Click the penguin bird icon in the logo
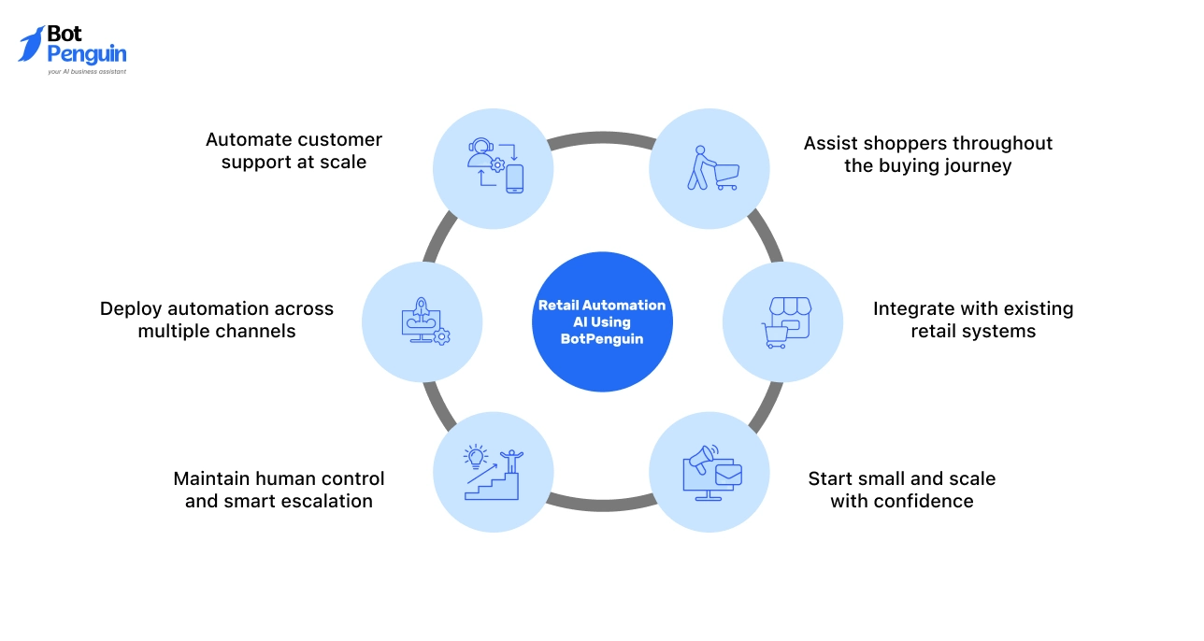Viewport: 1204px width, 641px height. click(31, 44)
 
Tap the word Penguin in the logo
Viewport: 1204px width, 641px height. click(86, 54)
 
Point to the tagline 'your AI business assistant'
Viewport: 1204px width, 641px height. click(86, 71)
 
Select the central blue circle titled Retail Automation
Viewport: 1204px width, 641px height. click(602, 321)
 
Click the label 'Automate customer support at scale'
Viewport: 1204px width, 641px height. click(294, 150)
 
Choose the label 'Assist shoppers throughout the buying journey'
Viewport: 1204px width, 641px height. click(927, 154)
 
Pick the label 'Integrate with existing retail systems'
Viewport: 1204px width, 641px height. click(972, 320)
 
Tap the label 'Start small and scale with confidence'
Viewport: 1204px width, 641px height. click(901, 490)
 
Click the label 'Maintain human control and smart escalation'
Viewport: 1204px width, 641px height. click(279, 490)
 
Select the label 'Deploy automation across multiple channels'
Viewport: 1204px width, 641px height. click(217, 320)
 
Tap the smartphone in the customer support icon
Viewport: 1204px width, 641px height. click(514, 178)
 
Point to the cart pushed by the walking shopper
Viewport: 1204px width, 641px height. click(725, 175)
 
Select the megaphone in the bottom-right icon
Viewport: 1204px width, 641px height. click(702, 457)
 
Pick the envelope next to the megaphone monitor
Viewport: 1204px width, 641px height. click(727, 476)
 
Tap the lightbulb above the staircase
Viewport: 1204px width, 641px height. click(476, 456)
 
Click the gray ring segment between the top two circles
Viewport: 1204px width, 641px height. click(602, 140)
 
